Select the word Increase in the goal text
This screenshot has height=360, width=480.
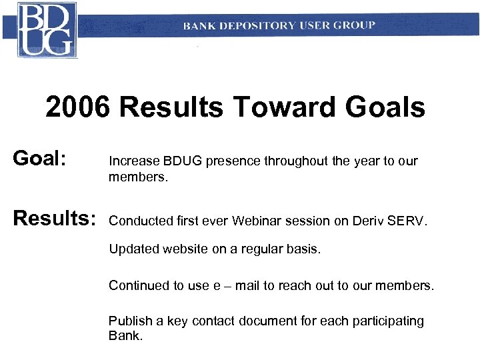(134, 161)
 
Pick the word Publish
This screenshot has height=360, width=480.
(130, 321)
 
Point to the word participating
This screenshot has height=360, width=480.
(387, 321)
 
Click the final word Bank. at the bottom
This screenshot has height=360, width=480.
(125, 335)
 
